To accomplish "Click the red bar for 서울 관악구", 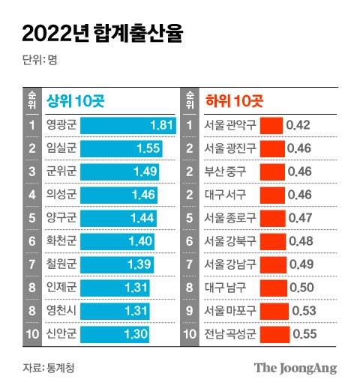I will click(271, 124).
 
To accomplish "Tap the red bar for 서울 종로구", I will click(273, 218).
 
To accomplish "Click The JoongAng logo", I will click(295, 368).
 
